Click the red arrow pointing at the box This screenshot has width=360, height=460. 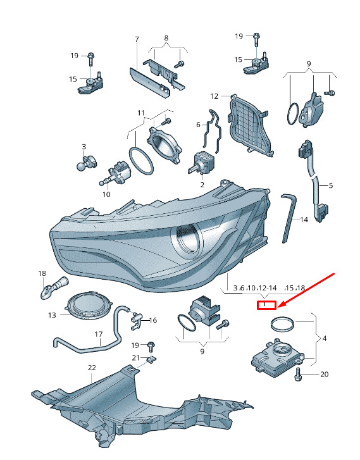[x=306, y=290]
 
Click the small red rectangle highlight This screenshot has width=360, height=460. [x=267, y=306]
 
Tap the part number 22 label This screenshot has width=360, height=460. [x=92, y=368]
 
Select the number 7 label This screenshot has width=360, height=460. [x=137, y=39]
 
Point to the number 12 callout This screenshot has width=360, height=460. [x=214, y=96]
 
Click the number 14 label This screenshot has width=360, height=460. [x=304, y=220]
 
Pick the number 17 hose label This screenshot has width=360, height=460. [x=99, y=334]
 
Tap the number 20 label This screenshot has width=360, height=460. [x=324, y=375]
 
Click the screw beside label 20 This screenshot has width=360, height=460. [x=298, y=374]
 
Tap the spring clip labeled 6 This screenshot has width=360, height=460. [x=213, y=132]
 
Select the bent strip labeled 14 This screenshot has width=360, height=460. [x=289, y=218]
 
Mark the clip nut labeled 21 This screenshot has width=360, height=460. [x=152, y=359]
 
